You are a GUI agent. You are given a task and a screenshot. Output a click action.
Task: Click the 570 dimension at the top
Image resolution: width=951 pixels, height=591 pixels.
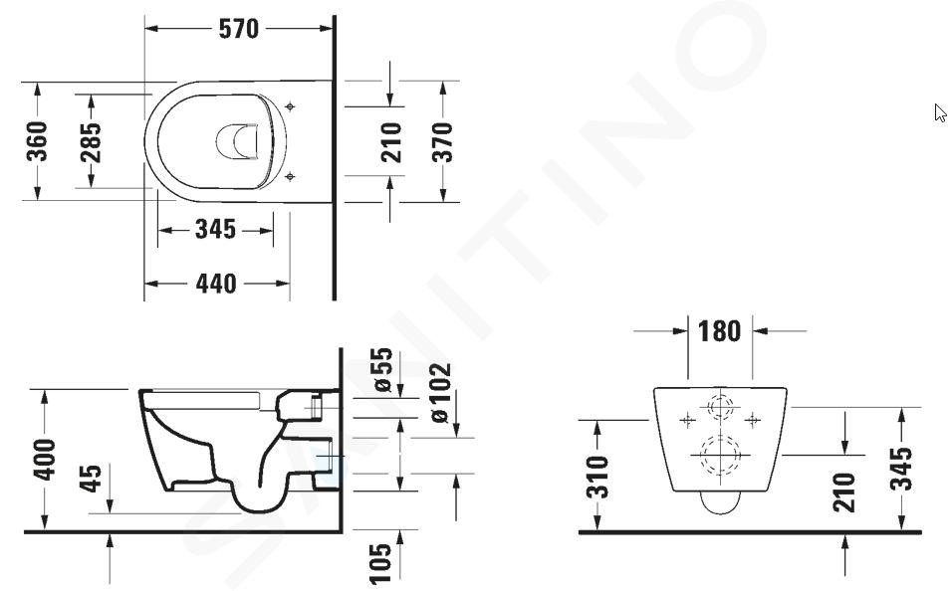point(238,29)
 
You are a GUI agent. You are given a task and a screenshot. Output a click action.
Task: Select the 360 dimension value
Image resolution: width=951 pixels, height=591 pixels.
point(38,141)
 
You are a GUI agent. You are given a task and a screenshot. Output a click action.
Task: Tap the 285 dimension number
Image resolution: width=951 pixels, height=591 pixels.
point(91,142)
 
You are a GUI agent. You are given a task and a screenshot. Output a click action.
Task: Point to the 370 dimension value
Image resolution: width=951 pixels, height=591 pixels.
point(443,142)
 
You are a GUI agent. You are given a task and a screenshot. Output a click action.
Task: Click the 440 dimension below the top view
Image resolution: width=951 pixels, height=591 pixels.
point(216,284)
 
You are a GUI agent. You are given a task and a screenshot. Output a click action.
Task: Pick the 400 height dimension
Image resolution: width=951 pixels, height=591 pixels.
point(45,460)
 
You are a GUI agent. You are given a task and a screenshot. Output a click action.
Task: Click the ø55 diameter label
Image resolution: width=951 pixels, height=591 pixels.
point(382,370)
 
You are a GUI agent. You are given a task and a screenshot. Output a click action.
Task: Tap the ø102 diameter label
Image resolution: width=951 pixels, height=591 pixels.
point(440,392)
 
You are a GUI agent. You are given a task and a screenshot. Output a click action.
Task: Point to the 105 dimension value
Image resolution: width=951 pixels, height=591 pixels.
point(380,564)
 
